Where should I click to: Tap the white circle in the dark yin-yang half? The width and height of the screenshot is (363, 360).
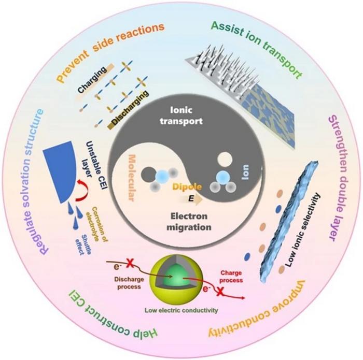(x=224, y=158)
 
